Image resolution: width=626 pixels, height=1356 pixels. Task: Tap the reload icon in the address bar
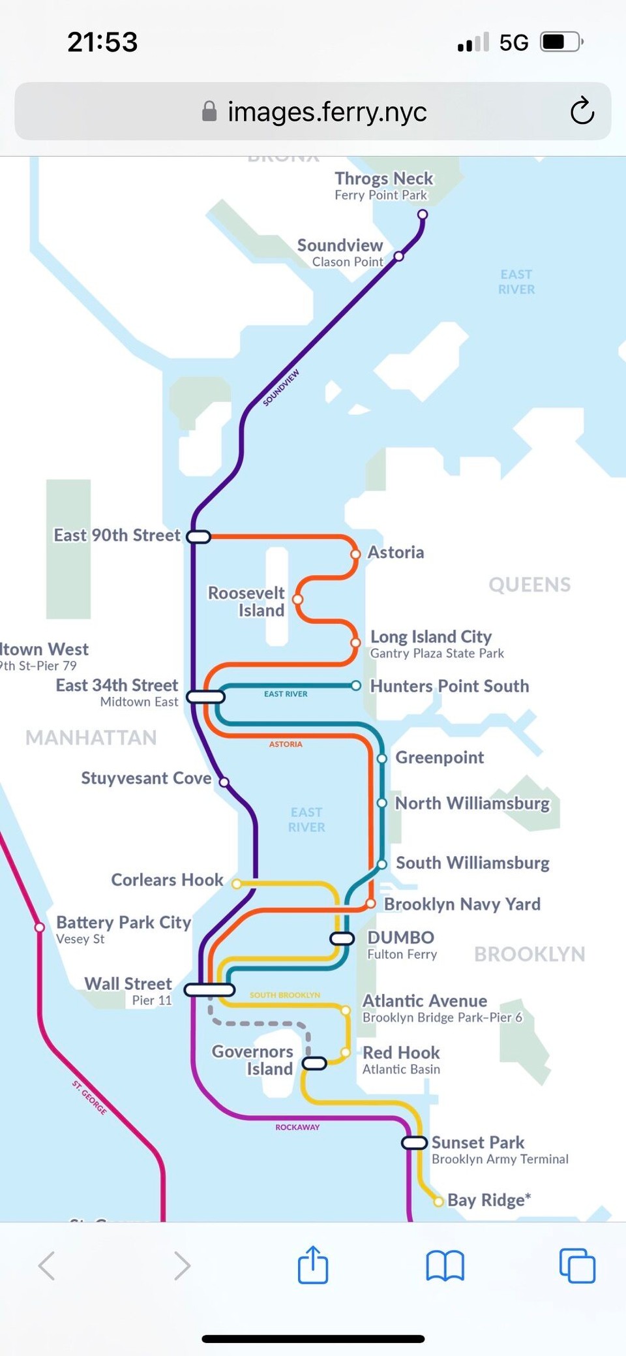click(582, 111)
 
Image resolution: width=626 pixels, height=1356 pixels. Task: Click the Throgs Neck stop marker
click(423, 215)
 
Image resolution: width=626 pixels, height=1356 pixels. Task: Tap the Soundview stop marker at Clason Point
click(399, 256)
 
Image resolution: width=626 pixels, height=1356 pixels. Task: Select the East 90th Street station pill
click(198, 537)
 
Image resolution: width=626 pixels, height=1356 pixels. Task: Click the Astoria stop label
click(396, 553)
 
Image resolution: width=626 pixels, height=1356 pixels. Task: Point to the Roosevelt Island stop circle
click(298, 599)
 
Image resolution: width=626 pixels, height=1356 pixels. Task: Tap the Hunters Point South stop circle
click(356, 686)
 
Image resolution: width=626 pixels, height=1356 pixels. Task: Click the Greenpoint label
click(440, 758)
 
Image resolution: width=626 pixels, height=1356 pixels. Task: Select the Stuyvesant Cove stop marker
click(224, 782)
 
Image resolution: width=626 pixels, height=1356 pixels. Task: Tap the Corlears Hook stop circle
click(237, 884)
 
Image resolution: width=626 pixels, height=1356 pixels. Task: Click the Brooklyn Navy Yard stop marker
click(370, 904)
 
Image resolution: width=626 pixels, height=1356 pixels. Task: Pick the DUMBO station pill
click(342, 938)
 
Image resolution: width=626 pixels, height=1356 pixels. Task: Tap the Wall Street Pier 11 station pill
click(209, 990)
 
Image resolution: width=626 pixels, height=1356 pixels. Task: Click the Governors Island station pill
click(314, 1064)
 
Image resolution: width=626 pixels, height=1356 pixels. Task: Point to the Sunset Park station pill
click(414, 1143)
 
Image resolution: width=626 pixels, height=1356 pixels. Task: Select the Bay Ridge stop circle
click(439, 1201)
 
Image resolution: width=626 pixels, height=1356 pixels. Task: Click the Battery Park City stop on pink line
click(40, 927)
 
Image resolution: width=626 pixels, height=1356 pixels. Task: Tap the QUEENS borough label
click(529, 585)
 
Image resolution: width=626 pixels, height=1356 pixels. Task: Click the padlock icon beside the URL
click(209, 112)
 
